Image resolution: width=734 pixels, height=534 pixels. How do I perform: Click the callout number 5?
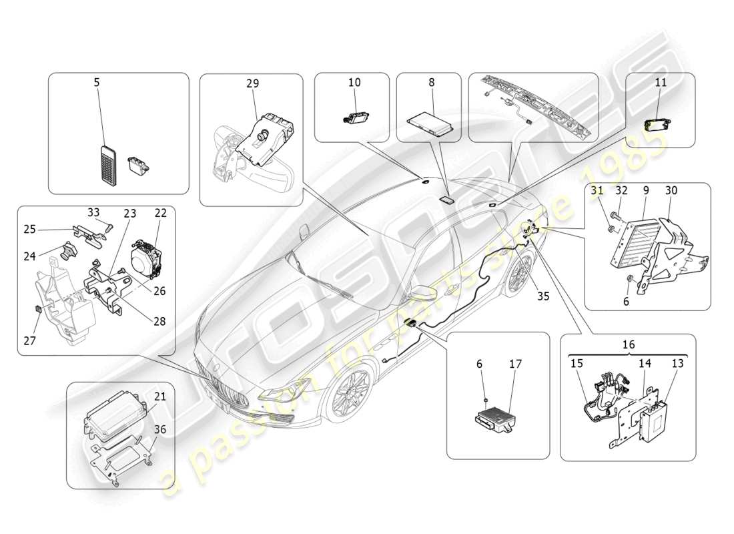point(97,83)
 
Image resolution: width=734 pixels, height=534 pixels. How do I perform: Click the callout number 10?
point(354,83)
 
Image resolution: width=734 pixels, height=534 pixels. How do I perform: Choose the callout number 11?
point(661,83)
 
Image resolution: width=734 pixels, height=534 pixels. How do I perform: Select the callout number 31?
point(597,190)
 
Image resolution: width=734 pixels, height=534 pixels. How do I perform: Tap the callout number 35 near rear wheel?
point(543,296)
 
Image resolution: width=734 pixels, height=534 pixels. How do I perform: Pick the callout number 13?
point(678,364)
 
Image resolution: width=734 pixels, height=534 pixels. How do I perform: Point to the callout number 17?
point(515,364)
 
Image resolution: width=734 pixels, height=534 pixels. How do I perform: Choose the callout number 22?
point(160,213)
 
